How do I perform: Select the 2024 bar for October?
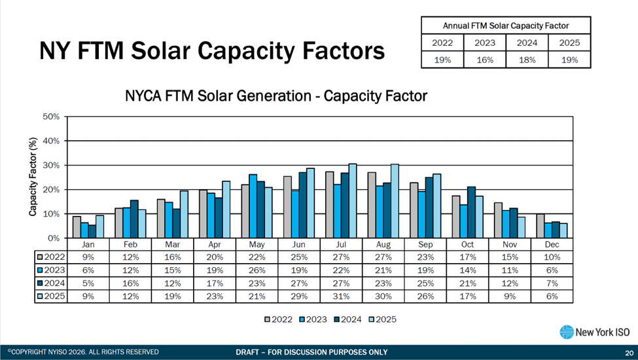coord(470,212)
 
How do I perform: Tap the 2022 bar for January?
coord(77,227)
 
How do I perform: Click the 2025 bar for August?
coord(395,201)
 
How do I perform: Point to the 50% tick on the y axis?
coord(52,117)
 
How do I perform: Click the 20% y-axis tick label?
coord(52,190)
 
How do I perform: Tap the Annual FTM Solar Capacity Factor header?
coord(506,26)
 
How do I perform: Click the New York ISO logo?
coord(586,332)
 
